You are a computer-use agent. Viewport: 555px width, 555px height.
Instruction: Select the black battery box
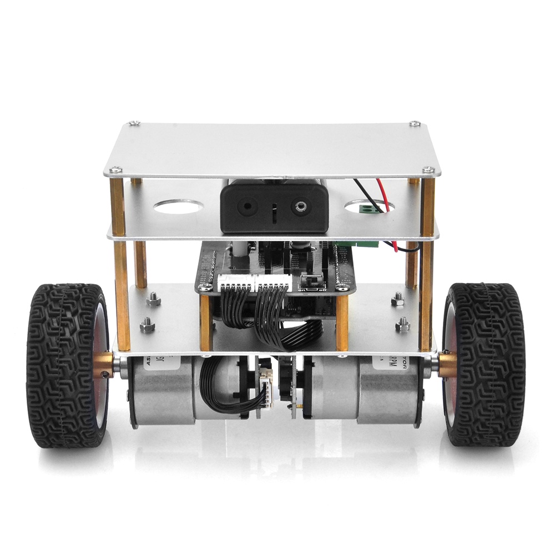click(x=274, y=208)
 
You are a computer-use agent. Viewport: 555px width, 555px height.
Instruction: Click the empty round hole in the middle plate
click(x=176, y=207)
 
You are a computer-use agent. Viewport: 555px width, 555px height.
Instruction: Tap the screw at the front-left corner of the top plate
click(x=115, y=170)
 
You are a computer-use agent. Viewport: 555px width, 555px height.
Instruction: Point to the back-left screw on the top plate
click(x=134, y=123)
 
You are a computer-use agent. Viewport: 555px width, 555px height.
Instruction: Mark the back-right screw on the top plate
click(x=415, y=123)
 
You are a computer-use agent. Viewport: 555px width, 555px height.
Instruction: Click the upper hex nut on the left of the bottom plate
click(x=153, y=300)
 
